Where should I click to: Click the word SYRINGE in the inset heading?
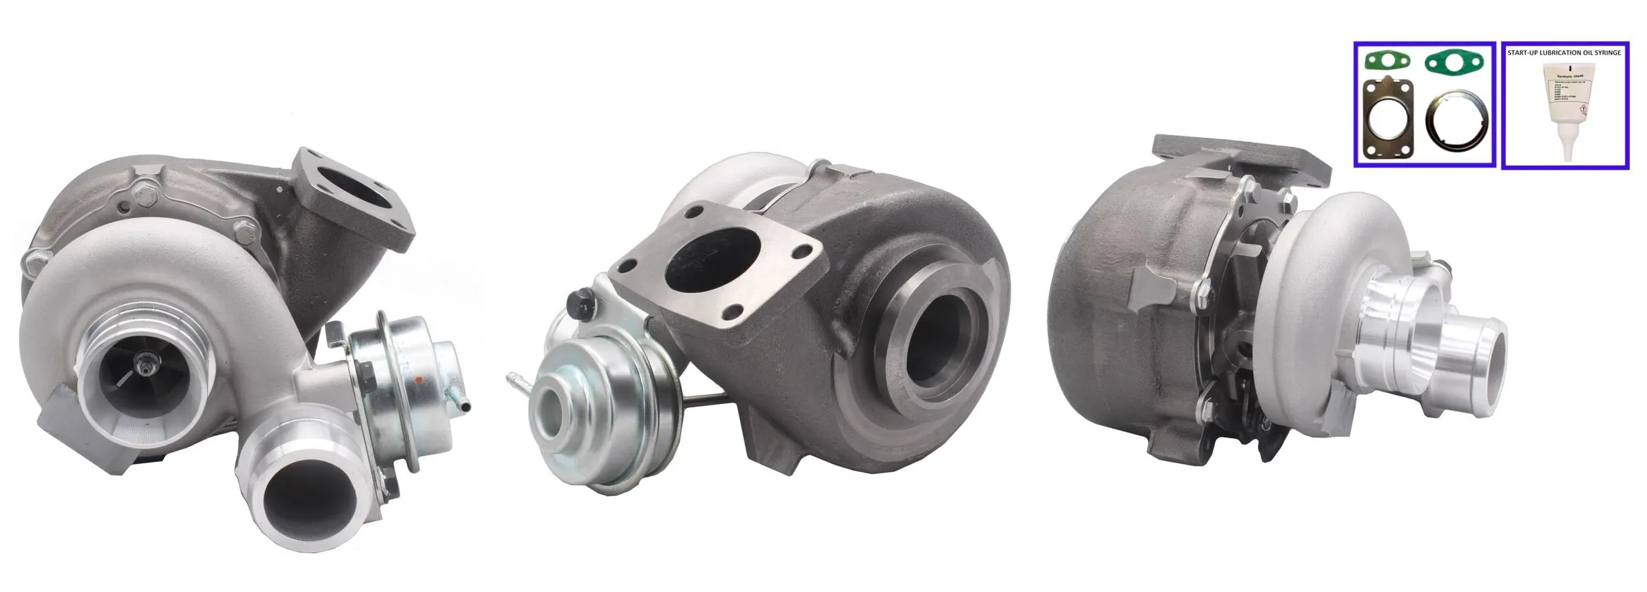coord(1607,53)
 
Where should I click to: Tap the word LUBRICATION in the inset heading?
coord(1554,53)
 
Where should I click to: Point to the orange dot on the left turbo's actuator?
coord(419,380)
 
